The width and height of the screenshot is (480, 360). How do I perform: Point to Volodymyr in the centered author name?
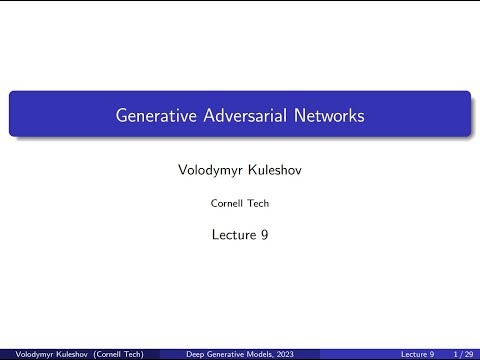pos(208,171)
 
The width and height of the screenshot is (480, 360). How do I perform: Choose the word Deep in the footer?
pos(198,354)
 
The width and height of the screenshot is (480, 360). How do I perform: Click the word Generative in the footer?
pos(227,354)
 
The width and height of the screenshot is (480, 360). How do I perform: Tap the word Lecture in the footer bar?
pos(414,354)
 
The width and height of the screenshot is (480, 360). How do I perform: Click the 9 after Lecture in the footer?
pos(433,354)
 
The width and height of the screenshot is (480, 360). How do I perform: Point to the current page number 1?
pos(456,354)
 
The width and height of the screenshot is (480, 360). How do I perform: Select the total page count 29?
pos(469,354)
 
